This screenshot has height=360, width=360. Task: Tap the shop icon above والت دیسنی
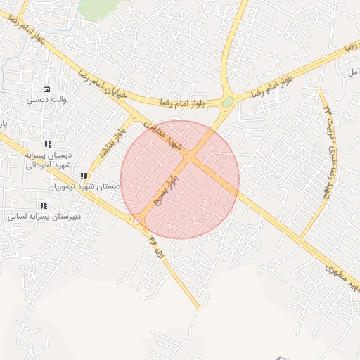[x=46, y=89]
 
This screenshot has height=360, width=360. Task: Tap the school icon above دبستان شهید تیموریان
[x=83, y=176]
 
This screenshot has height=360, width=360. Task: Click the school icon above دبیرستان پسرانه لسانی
[x=44, y=205]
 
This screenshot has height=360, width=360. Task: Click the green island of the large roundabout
[x=228, y=103]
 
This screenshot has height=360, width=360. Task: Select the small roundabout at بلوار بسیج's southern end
[x=138, y=220]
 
